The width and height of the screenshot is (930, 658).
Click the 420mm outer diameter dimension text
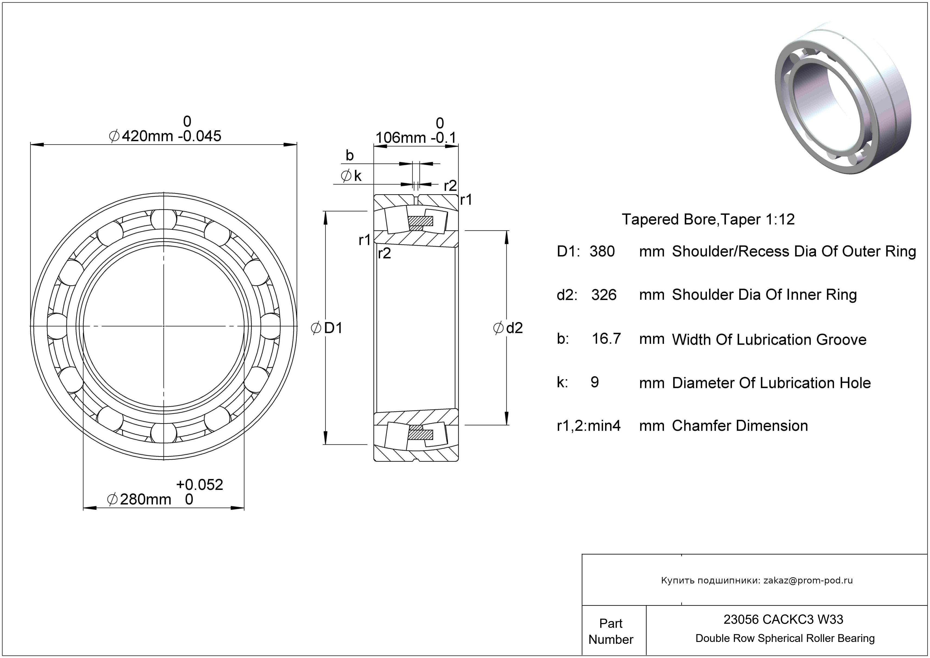tap(147, 136)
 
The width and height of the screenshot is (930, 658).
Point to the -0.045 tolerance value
tap(200, 136)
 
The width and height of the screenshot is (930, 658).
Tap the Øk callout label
tap(351, 176)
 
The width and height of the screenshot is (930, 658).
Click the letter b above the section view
tap(350, 155)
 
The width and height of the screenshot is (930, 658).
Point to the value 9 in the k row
tap(595, 382)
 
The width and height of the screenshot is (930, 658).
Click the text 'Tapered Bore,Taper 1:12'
tap(708, 219)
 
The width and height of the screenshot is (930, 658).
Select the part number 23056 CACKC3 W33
tap(783, 619)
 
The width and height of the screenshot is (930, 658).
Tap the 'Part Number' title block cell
tap(610, 631)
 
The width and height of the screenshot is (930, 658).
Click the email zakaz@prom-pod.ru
tap(808, 580)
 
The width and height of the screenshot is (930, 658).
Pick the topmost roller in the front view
tap(164, 219)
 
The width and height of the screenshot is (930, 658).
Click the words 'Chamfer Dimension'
tap(740, 426)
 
